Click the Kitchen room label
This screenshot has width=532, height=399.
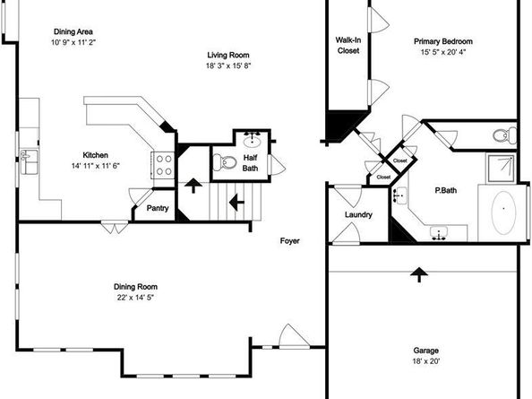pos(95,155)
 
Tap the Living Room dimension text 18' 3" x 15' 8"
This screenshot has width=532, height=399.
pos(228,65)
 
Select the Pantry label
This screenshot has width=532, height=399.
pos(158,208)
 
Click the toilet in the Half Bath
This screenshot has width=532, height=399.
pos(225,162)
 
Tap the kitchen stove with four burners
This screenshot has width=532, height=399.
pos(164,165)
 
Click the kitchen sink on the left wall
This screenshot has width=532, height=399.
pos(30,162)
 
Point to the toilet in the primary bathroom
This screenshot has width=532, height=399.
pos(504,136)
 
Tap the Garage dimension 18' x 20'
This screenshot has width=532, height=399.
pos(425,361)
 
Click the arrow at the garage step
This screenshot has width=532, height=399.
pos(419,274)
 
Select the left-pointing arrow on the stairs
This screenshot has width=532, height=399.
pos(236,203)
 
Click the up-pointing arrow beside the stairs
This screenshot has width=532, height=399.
pos(193,186)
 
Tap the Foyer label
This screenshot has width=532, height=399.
pos(290,241)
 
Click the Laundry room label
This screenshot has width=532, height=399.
pos(358,214)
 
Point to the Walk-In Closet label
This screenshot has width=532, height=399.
pos(348,45)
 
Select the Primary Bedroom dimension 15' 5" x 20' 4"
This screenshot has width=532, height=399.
pos(443,52)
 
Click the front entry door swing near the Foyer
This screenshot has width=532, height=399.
pos(294,336)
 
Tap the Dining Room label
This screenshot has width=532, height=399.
pos(135,287)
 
